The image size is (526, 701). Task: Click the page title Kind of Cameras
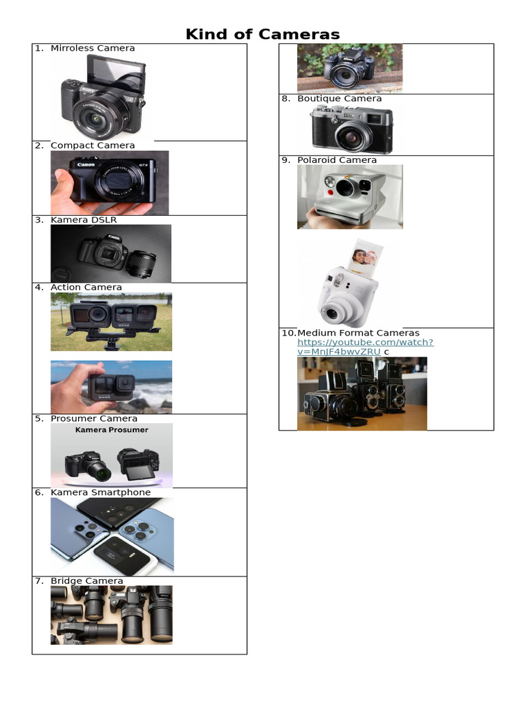pos(263,34)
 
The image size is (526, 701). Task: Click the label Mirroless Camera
pos(92,49)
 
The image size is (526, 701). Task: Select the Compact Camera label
pos(92,145)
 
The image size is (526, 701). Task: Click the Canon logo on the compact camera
pos(86,164)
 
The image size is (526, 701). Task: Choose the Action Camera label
pos(86,288)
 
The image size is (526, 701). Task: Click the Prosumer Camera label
pos(94,418)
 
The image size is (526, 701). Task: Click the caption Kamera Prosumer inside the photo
pos(112,430)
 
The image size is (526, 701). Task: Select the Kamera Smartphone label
pos(101,492)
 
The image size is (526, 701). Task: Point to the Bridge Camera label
pos(87,581)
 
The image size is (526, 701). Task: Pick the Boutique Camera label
pos(340,99)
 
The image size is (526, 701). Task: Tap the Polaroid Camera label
pos(337,160)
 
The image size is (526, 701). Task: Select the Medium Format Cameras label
pos(358,333)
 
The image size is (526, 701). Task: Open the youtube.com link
pos(365,342)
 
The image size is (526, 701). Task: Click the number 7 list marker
pos(38,581)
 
